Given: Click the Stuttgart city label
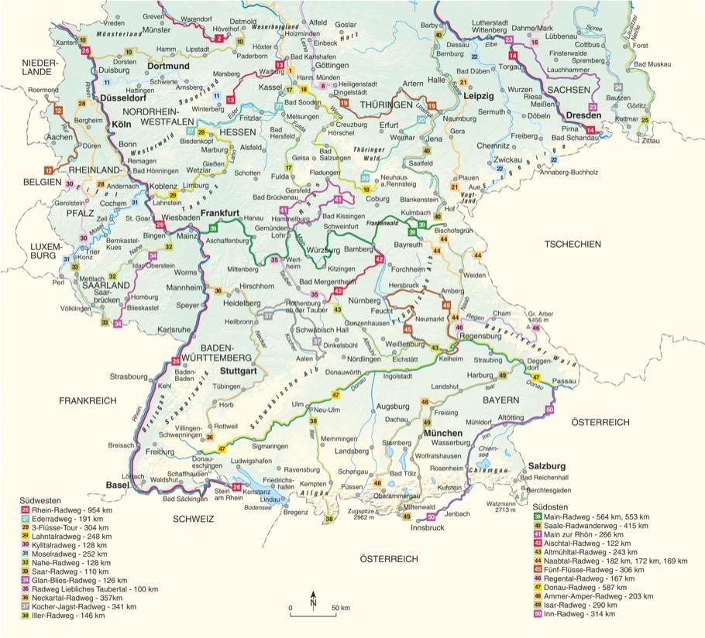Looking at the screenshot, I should [x=239, y=371].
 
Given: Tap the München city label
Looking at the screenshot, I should [x=442, y=433].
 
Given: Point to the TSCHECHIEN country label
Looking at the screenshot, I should [x=573, y=244].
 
